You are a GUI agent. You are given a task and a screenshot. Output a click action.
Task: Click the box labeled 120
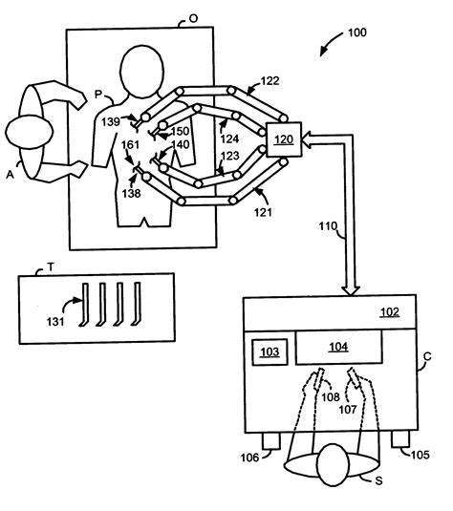(x=282, y=139)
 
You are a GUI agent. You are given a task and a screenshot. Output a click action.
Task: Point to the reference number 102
(x=391, y=311)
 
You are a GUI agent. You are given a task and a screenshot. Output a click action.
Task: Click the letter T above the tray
(x=37, y=268)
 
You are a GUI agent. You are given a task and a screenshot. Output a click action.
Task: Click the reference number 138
(x=131, y=192)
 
